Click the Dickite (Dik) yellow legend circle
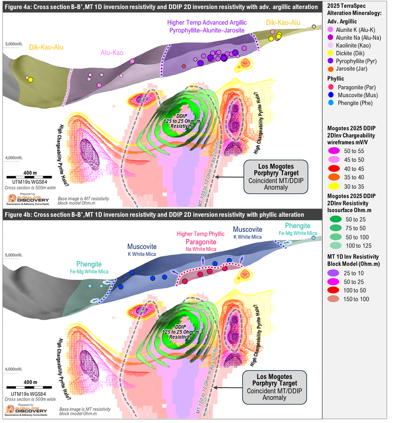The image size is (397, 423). tap(331, 53)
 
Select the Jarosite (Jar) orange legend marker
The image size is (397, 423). tap(331, 69)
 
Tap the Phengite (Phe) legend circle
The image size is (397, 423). tap(331, 103)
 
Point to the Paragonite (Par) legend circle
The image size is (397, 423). tap(331, 87)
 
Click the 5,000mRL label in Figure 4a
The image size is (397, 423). tap(15, 45)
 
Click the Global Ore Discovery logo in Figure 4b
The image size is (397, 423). tap(27, 410)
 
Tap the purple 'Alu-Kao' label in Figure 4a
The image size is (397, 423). tap(112, 53)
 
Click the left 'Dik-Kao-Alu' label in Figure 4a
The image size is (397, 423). tap(46, 47)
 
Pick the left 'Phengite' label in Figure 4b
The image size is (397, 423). tap(88, 264)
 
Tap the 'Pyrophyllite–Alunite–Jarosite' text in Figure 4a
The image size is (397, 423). tap(207, 30)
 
